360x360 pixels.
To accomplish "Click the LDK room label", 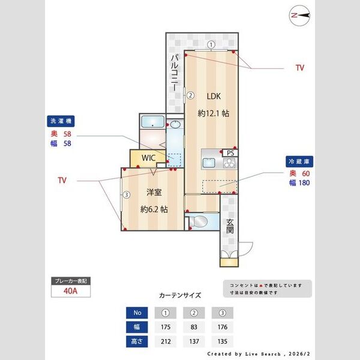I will [214, 97].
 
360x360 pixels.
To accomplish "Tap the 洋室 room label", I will [154, 193].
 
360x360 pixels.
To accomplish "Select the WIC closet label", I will [148, 158].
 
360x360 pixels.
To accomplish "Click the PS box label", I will [230, 153].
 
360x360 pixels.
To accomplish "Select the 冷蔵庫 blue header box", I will [301, 162].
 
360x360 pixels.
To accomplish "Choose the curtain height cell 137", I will [194, 342].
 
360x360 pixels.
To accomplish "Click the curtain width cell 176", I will [222, 328].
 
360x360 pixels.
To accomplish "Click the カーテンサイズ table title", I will [180, 296].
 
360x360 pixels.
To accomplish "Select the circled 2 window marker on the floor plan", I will [190, 94].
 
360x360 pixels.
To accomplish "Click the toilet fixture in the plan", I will [199, 223].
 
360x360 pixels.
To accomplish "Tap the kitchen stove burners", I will [229, 163].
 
